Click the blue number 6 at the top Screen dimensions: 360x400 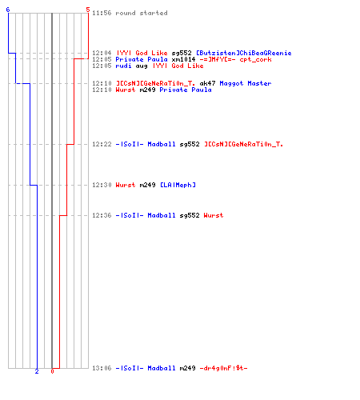(8, 10)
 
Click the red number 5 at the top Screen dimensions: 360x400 (88, 10)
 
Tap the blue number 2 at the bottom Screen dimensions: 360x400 (37, 371)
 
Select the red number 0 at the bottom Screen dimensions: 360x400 (52, 371)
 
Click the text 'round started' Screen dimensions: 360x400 (142, 13)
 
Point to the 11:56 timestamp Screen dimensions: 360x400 (102, 13)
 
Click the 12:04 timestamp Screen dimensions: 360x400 (102, 53)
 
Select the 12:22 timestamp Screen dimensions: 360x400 (102, 144)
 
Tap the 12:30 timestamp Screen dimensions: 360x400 (102, 185)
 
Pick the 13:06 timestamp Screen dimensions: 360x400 (102, 368)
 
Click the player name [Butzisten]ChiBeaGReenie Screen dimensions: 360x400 (244, 53)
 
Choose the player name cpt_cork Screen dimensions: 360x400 (255, 59)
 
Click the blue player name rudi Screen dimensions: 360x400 (123, 66)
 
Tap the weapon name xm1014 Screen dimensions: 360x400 (183, 59)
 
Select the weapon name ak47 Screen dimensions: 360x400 (207, 83)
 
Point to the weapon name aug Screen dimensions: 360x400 (142, 66)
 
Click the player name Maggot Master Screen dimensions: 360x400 (246, 83)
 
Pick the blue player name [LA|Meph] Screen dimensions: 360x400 (178, 185)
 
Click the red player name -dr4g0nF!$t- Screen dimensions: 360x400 (223, 368)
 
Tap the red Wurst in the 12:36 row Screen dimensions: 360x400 (214, 215)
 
